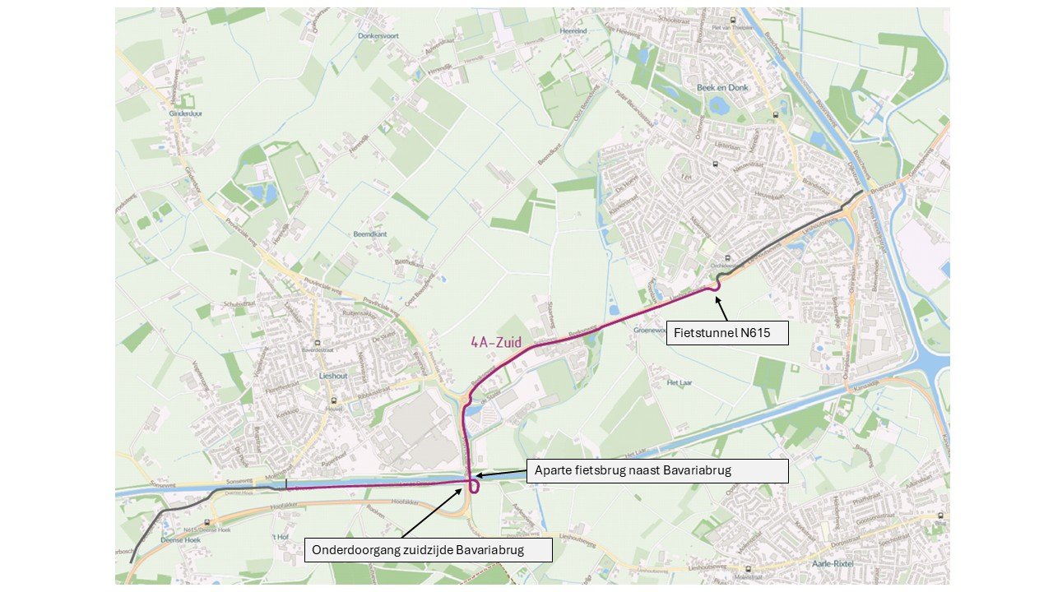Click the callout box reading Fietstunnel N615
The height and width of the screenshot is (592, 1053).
726,332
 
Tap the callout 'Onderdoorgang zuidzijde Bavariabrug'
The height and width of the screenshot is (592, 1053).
428,550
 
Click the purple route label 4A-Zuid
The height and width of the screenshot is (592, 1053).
496,342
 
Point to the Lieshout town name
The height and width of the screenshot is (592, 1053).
334,375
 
